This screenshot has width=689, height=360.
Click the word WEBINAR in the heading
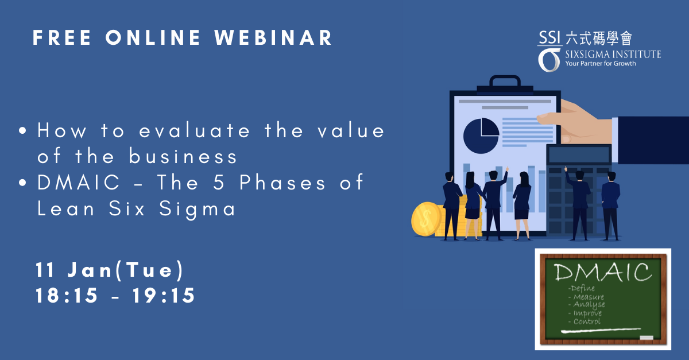(273, 38)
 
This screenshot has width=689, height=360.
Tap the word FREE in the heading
(62, 38)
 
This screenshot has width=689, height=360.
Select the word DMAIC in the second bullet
(79, 182)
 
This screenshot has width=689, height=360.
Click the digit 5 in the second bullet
(219, 182)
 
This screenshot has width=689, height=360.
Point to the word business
(183, 156)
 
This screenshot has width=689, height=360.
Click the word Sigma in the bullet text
(197, 209)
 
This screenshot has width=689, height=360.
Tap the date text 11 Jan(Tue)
(110, 270)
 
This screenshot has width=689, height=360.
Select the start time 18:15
(67, 295)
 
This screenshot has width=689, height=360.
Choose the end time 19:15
(164, 295)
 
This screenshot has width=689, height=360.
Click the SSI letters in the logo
(549, 37)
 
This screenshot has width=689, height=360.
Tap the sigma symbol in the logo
(549, 60)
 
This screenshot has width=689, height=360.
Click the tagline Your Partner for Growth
(601, 64)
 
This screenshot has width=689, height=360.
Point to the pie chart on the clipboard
(481, 136)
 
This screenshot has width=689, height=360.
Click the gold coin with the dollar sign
(427, 219)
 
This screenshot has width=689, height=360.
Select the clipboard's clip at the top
(505, 84)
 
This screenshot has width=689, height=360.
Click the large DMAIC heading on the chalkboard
(603, 272)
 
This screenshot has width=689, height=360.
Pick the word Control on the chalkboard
(587, 322)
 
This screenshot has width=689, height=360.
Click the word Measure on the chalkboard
(589, 297)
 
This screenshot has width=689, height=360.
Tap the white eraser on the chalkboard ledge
(647, 338)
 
